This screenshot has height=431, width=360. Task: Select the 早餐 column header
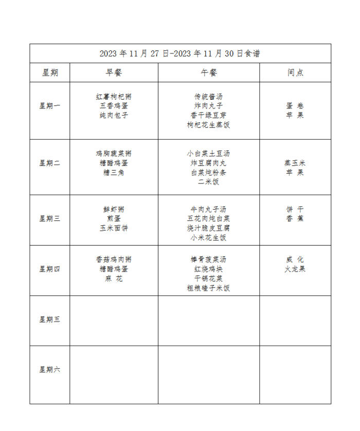pyautogui.click(x=114, y=73)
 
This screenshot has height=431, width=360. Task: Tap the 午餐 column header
pyautogui.click(x=208, y=73)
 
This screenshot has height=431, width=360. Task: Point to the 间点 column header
pyautogui.click(x=295, y=73)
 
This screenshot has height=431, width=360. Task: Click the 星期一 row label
pyautogui.click(x=50, y=106)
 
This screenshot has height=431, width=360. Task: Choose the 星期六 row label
pyautogui.click(x=50, y=369)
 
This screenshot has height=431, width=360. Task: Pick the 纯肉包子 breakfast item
pyautogui.click(x=114, y=116)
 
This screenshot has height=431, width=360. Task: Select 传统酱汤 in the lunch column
pyautogui.click(x=208, y=97)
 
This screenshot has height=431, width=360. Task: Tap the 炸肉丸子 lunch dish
pyautogui.click(x=208, y=106)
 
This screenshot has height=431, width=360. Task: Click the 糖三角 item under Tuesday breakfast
pyautogui.click(x=114, y=173)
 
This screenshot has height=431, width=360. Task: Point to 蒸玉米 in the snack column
pyautogui.click(x=295, y=163)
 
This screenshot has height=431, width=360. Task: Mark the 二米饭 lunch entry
pyautogui.click(x=208, y=182)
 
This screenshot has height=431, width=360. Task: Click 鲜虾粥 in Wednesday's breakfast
pyautogui.click(x=114, y=209)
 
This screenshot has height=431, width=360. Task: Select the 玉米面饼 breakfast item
pyautogui.click(x=114, y=228)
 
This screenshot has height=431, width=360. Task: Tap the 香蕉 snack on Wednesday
pyautogui.click(x=295, y=219)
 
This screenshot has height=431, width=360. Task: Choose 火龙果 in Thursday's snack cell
pyautogui.click(x=295, y=269)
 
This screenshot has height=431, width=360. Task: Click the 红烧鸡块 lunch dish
pyautogui.click(x=208, y=269)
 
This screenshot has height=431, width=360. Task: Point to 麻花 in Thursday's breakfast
pyautogui.click(x=114, y=278)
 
